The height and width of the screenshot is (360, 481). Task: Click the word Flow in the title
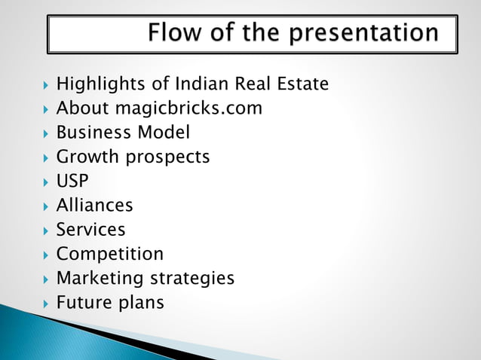pyautogui.click(x=173, y=33)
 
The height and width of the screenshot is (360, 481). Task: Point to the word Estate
pyautogui.click(x=303, y=84)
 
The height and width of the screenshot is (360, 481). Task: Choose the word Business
pyautogui.click(x=92, y=133)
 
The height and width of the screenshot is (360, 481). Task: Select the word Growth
pyautogui.click(x=87, y=157)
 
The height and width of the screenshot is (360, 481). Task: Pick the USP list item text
pyautogui.click(x=72, y=182)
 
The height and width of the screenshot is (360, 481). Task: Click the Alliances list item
pyautogui.click(x=94, y=205)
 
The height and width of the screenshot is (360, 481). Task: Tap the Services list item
pyautogui.click(x=90, y=229)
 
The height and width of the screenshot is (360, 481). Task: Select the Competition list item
pyautogui.click(x=110, y=254)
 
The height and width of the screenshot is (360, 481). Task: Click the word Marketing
pyautogui.click(x=100, y=279)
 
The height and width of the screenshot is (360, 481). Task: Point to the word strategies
pyautogui.click(x=191, y=279)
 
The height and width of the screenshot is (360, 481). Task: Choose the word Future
pyautogui.click(x=84, y=303)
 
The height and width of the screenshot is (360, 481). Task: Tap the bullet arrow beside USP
pyautogui.click(x=47, y=182)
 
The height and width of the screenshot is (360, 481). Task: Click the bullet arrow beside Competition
pyautogui.click(x=47, y=255)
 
